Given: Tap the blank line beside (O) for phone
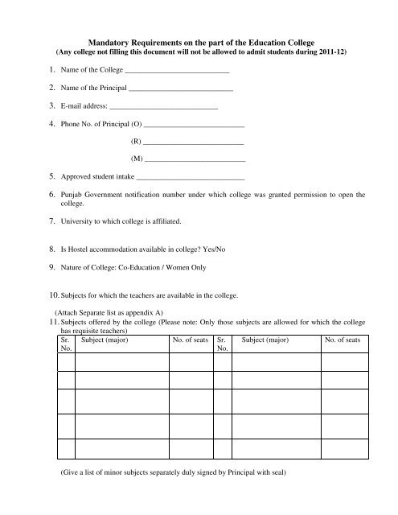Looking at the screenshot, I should [193, 149].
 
